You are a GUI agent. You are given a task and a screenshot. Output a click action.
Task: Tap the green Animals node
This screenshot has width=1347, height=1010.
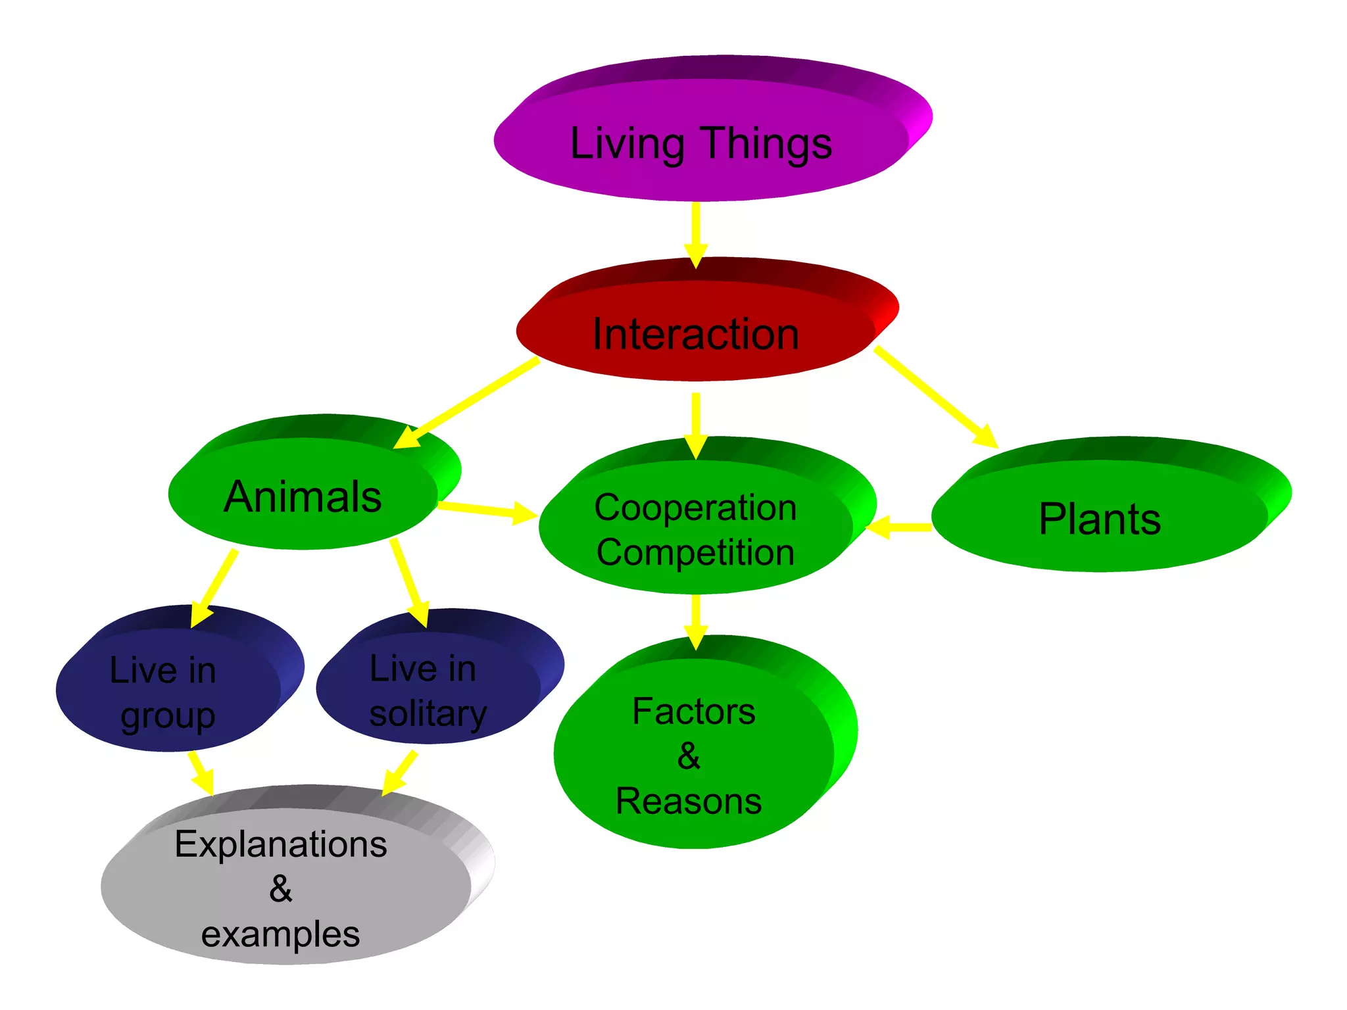303,496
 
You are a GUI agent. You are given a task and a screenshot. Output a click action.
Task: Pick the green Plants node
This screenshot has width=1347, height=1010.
1100,519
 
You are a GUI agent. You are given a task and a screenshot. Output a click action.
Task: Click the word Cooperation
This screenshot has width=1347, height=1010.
695,508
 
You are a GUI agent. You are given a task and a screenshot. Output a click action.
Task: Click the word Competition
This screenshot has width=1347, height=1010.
695,552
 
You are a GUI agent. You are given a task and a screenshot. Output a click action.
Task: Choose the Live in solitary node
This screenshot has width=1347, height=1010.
428,690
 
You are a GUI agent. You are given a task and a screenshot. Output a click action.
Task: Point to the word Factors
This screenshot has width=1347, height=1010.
694,711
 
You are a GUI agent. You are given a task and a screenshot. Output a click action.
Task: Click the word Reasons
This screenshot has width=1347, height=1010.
689,801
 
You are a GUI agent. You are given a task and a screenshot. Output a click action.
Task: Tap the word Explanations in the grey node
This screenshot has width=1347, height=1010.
281,844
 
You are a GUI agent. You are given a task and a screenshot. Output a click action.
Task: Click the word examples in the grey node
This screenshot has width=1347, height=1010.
281,934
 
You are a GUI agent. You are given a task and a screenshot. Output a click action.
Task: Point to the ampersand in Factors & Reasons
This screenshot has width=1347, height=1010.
689,756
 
